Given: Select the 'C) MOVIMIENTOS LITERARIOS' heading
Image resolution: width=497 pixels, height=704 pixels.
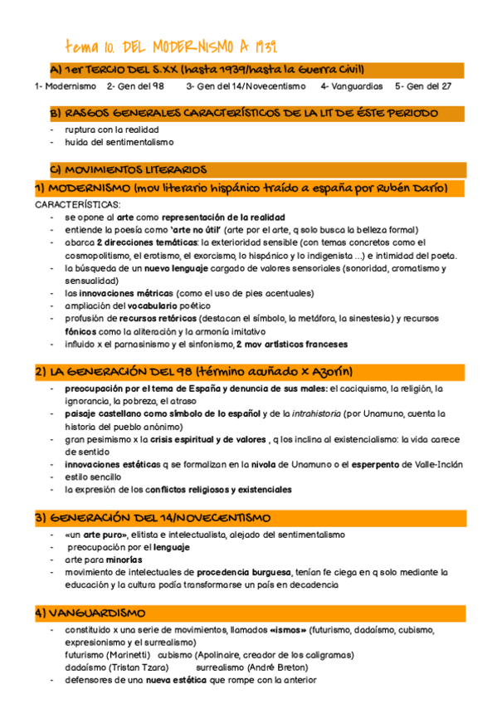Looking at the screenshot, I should (x=129, y=170).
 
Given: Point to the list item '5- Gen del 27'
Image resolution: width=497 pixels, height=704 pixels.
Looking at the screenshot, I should (x=423, y=86).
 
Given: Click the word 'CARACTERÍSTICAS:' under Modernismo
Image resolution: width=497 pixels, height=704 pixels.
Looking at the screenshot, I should (x=77, y=203).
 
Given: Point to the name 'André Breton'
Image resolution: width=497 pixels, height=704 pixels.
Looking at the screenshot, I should (x=282, y=667).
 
